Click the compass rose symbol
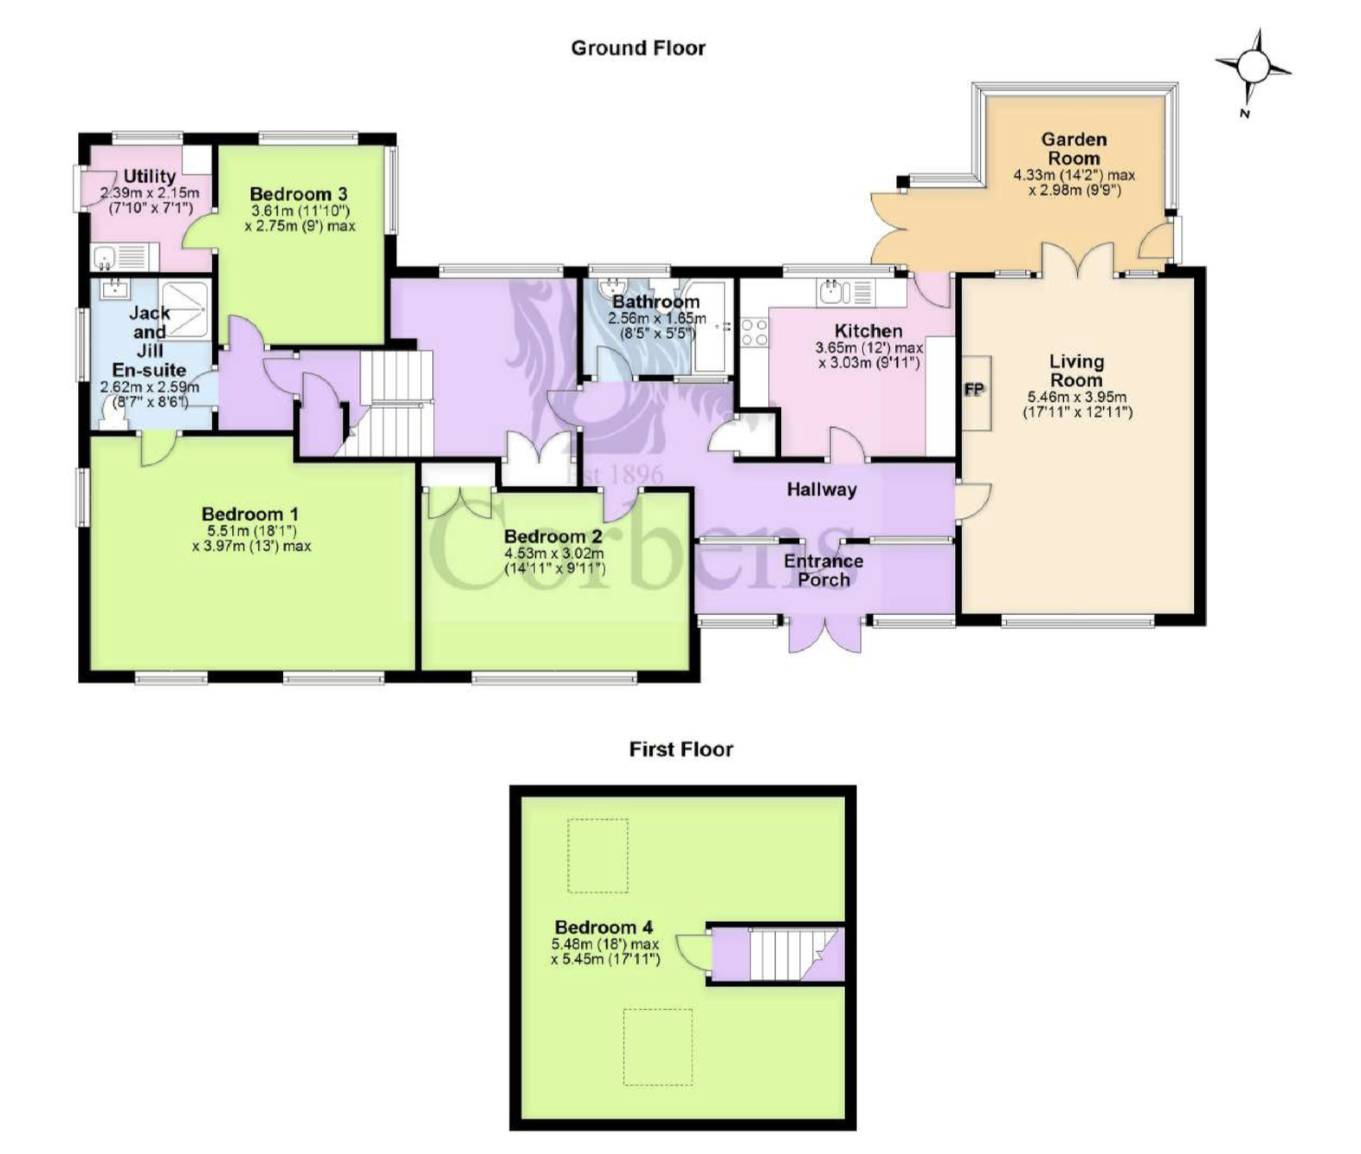coord(1253,67)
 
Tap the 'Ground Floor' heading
coord(638,49)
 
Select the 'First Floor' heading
coord(680,749)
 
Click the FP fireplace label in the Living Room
coord(974,390)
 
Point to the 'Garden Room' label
coord(1074,149)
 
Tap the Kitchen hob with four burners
coord(754,332)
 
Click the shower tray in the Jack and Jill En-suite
coord(185,307)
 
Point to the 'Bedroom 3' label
coord(299,194)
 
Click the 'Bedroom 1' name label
coord(250,514)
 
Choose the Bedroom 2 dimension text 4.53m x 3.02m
coord(554,554)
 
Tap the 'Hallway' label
coord(822,489)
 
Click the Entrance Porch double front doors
coord(824,635)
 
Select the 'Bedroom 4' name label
coord(603,928)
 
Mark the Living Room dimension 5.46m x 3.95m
coord(1076,398)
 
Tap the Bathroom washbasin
coord(613,288)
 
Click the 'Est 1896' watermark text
coord(615,474)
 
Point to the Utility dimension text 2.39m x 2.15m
coord(150,193)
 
